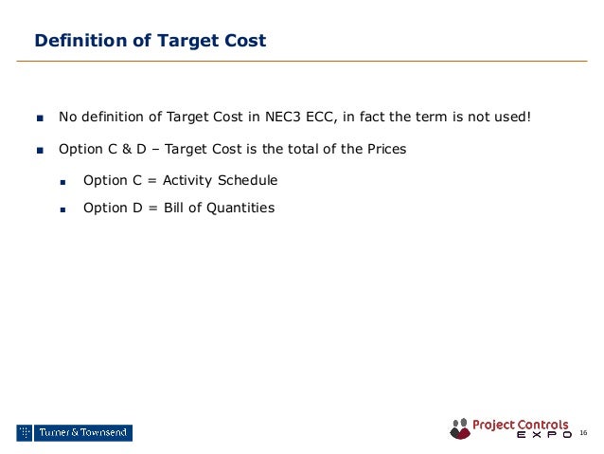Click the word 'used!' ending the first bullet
[x=510, y=118]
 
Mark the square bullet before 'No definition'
[x=40, y=118]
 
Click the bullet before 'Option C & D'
[x=40, y=150]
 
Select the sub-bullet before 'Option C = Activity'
[x=64, y=181]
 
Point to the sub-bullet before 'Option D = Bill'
[x=64, y=209]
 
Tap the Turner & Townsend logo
[x=74, y=433]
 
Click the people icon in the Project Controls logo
[x=460, y=428]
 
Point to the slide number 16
[x=583, y=433]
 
